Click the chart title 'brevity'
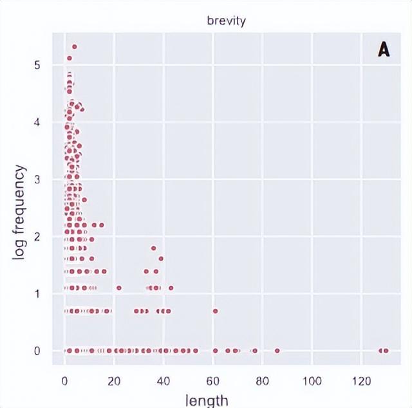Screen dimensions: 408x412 pos(227,21)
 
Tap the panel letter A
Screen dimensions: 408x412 pos(384,50)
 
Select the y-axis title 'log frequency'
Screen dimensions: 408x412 pos(21,212)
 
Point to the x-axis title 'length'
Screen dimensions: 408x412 pos(207,400)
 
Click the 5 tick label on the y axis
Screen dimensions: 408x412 pos(38,65)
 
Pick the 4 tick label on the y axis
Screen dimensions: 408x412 pos(38,122)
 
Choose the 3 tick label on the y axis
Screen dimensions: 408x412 pos(38,180)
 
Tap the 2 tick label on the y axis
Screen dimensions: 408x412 pos(38,237)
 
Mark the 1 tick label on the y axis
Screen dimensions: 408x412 pos(38,294)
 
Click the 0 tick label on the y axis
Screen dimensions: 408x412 pos(38,351)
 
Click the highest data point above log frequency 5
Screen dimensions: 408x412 pos(75,46)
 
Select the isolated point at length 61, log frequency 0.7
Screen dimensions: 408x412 pos(216,311)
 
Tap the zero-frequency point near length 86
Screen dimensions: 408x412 pos(277,351)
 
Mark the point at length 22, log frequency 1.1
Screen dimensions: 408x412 pos(119,288)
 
